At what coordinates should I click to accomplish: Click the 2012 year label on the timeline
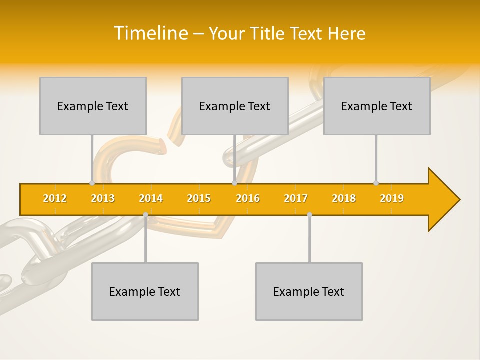coord(55,198)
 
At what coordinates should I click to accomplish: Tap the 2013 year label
coord(103,198)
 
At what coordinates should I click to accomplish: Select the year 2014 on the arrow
coord(151,198)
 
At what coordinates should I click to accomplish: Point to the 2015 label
coord(199,198)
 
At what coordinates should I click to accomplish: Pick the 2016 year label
coord(248,198)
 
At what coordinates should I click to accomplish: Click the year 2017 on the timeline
coord(296,198)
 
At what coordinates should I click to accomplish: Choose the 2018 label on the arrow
coord(344,198)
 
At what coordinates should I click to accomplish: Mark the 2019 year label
coord(392,198)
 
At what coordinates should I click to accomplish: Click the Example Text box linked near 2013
coord(93,106)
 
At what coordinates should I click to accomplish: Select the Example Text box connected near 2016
coord(235,106)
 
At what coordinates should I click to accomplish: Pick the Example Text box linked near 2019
coord(377,106)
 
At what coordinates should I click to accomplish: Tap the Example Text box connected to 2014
coord(145,291)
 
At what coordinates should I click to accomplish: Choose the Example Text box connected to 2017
coord(309,291)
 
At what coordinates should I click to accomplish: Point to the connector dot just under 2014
coord(145,214)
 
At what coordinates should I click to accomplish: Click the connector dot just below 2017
coord(309,214)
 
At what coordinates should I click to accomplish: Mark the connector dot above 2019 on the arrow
coord(376,183)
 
